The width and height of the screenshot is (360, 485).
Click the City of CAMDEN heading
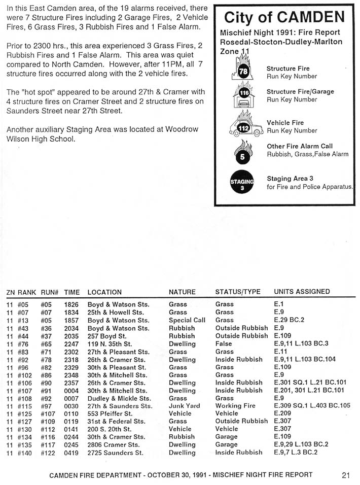coord(284,18)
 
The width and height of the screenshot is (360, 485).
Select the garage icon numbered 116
coord(244,95)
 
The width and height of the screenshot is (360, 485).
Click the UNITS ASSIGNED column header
coord(302,292)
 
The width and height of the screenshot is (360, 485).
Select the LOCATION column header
coord(104,292)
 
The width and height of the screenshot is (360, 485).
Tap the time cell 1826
coord(71,304)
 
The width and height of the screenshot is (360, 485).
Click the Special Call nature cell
coord(187,320)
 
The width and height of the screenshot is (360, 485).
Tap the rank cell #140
coord(25,453)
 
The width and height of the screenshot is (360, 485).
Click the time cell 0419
coord(71,453)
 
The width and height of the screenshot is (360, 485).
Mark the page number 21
coord(346,475)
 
